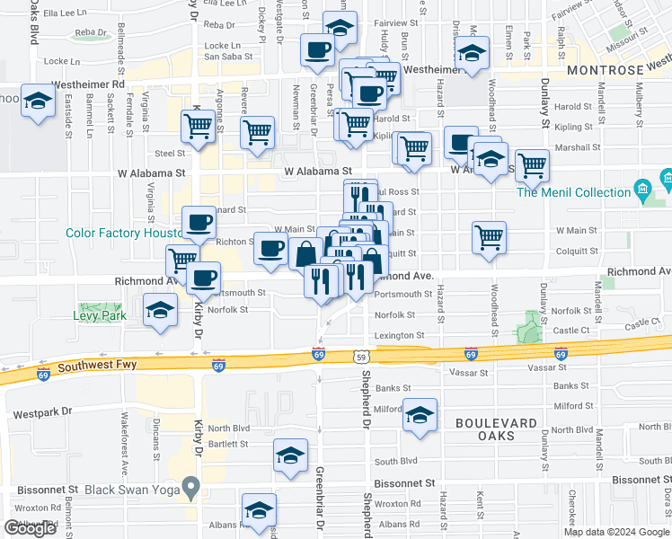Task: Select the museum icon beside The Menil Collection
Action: pos(642,188)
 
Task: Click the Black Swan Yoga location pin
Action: pos(190,488)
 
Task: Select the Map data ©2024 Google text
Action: pos(615,532)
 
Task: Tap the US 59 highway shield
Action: pos(359,356)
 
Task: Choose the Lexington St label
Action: pos(399,335)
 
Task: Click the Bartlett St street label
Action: pos(228,445)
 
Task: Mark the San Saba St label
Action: pos(225,56)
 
